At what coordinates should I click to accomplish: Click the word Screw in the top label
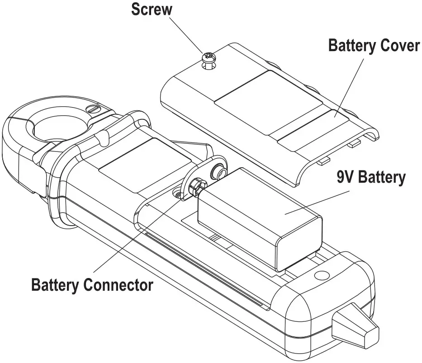pos(152,10)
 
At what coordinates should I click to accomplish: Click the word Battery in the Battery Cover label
pos(348,46)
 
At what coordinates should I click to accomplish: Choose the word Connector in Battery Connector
pos(119,285)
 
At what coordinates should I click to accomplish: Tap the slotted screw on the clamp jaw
pos(93,109)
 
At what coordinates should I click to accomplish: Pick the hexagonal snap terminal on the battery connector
pos(198,185)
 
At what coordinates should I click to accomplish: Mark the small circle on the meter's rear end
pos(322,274)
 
